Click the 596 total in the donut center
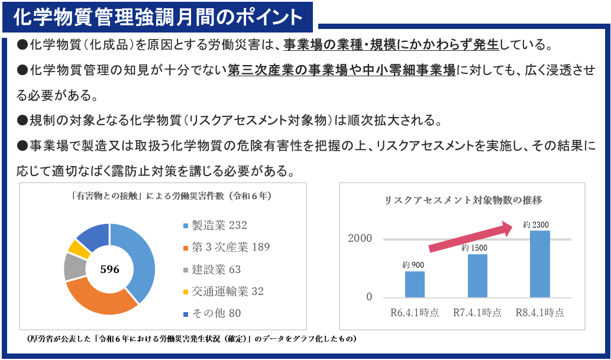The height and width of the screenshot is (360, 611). click(x=109, y=270)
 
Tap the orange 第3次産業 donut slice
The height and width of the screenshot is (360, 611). click(x=98, y=301)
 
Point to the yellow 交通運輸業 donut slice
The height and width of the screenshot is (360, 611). click(x=78, y=247)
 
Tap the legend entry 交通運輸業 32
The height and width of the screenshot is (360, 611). click(x=223, y=291)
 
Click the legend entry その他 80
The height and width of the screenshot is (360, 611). click(x=212, y=313)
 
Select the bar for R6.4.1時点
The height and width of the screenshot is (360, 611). click(x=415, y=284)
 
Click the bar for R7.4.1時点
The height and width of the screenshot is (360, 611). click(x=477, y=275)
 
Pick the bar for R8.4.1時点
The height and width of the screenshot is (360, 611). click(x=540, y=264)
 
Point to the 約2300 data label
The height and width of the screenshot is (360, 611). click(x=536, y=224)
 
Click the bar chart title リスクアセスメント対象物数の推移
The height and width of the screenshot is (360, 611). click(x=464, y=200)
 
